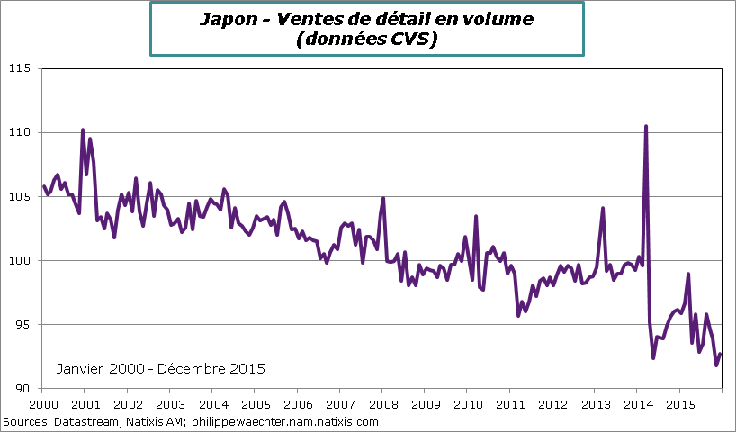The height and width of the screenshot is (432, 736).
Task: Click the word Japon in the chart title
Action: pyautogui.click(x=225, y=19)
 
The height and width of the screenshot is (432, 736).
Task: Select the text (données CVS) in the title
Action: pyautogui.click(x=367, y=40)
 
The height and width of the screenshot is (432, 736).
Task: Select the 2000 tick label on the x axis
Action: pyautogui.click(x=41, y=406)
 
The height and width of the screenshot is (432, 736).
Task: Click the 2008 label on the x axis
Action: pyautogui.click(x=382, y=406)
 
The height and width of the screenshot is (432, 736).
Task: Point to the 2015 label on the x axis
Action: pyautogui.click(x=680, y=406)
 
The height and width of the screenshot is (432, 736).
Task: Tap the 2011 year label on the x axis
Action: pyautogui.click(x=510, y=406)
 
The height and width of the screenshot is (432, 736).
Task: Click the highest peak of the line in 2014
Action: pyautogui.click(x=646, y=126)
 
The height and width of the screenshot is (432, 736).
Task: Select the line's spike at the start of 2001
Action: pyautogui.click(x=83, y=130)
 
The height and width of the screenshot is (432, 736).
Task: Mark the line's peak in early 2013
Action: pyautogui.click(x=602, y=208)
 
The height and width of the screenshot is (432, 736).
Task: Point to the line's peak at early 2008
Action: pyautogui.click(x=383, y=198)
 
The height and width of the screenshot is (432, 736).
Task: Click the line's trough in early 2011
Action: pyautogui.click(x=518, y=315)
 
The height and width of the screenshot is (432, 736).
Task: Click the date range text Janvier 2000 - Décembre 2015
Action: pyautogui.click(x=160, y=369)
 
